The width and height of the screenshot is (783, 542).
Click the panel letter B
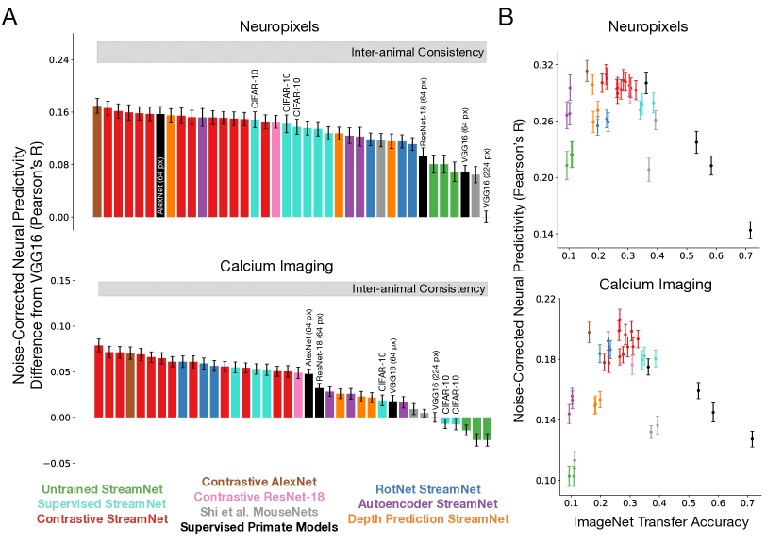[x=507, y=18]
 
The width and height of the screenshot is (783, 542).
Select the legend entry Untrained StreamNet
[x=105, y=489]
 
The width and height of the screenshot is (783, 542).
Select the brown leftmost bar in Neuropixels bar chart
[x=97, y=161]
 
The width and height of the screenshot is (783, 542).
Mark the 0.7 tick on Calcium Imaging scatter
[x=746, y=502]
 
